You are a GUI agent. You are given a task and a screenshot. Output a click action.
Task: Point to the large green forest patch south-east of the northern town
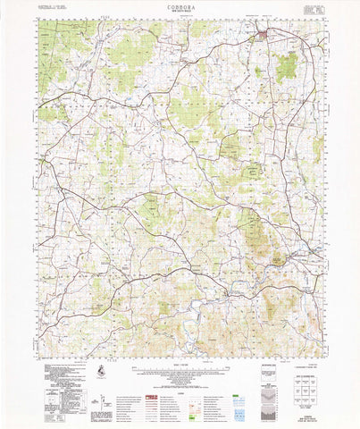point(287,65)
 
